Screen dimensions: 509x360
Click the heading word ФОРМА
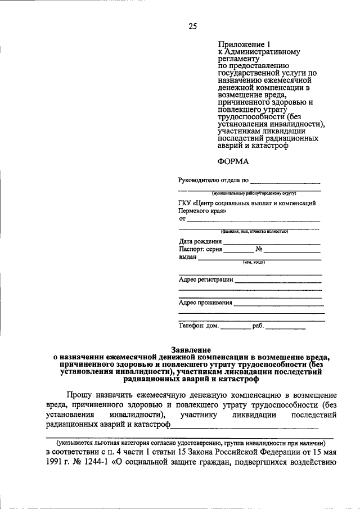(233, 161)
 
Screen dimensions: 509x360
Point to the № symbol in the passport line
(260, 249)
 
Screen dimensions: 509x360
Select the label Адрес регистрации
(206, 280)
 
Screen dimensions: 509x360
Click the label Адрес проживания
(205, 303)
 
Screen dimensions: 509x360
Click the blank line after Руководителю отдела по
(285, 182)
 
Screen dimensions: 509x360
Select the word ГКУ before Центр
(186, 202)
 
